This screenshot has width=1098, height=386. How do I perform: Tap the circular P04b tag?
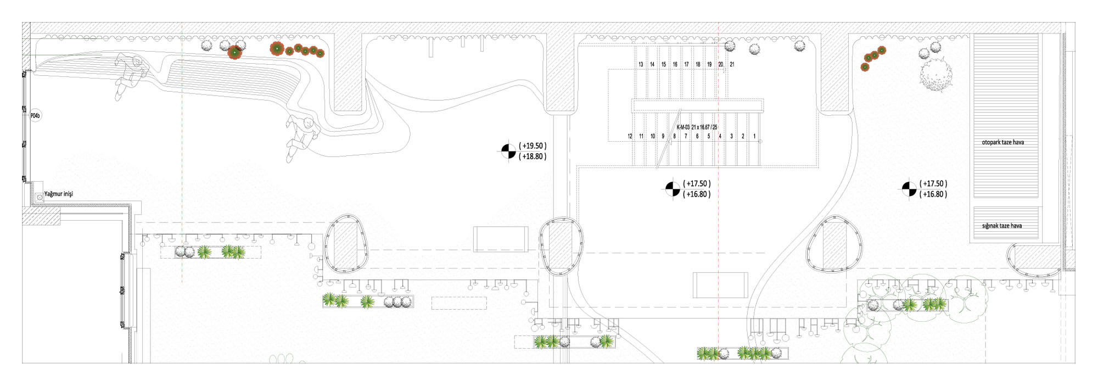coord(35,116)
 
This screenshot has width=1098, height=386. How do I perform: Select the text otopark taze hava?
coord(1002,142)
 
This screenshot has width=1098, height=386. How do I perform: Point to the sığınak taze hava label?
coord(1002,226)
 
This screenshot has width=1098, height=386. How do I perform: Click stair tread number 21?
coord(732,64)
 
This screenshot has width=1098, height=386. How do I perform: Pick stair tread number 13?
coord(641,64)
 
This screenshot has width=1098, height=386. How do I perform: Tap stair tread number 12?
coord(630,136)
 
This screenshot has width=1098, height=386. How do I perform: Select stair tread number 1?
coord(754,136)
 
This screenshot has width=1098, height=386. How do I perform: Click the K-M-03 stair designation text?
coord(683,127)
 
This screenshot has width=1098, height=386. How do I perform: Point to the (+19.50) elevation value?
coord(533,146)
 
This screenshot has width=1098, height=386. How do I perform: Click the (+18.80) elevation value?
coord(533,156)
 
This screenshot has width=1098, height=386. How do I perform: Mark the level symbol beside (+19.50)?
coord(508,151)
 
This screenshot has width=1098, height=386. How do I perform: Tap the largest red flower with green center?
coord(235,52)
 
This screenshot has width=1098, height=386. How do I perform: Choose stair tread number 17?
coord(686,64)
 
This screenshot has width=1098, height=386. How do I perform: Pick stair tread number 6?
coord(697,136)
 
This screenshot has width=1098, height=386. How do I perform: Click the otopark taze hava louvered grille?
coord(1006,115)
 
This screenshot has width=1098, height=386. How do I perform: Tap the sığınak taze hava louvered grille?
coord(1006,224)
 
